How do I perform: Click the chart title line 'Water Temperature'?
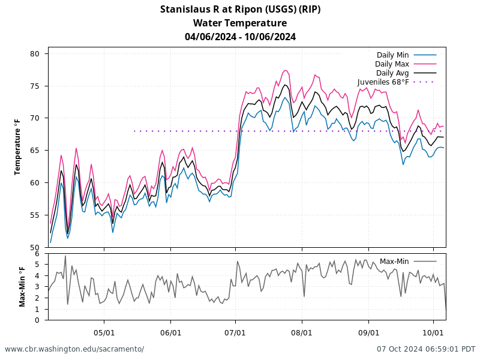tap(240, 23)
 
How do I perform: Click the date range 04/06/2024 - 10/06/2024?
tap(240, 37)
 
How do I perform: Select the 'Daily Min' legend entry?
tap(392, 55)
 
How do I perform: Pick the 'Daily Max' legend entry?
tap(392, 64)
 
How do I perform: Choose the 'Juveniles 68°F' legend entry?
tap(383, 82)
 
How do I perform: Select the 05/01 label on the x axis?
tap(104, 331)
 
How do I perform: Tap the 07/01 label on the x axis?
tap(236, 331)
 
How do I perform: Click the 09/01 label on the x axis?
tap(368, 331)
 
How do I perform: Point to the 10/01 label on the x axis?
tap(433, 331)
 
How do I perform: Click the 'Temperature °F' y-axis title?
tap(17, 147)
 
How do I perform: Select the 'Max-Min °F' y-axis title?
tap(22, 287)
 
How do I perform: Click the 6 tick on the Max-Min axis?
tap(37, 254)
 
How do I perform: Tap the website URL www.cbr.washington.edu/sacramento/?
tap(74, 349)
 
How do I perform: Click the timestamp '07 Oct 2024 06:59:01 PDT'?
tap(426, 349)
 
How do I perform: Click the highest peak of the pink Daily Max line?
tap(286, 70)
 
